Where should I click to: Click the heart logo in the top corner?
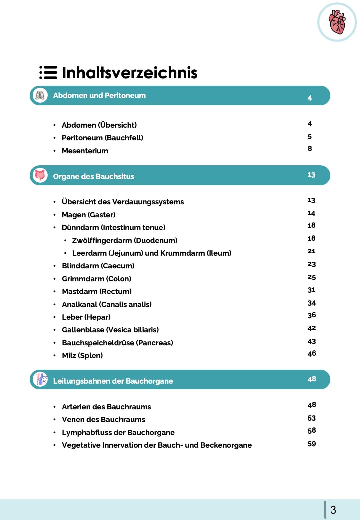(337, 22)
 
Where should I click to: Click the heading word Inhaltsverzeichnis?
(130, 73)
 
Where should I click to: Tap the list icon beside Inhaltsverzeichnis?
(48, 72)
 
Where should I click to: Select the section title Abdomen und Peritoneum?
(99, 96)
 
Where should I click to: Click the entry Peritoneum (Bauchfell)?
(102, 138)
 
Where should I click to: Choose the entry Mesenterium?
(85, 151)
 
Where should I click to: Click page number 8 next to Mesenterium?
(310, 148)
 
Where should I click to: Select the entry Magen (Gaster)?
(89, 215)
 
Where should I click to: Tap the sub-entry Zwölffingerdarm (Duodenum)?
(125, 240)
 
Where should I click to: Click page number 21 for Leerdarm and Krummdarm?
(311, 251)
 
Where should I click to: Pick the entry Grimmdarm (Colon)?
(97, 279)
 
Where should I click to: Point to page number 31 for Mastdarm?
(311, 290)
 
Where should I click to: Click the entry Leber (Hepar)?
(86, 317)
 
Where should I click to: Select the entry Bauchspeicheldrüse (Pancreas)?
(117, 343)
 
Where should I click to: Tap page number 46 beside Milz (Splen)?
(312, 353)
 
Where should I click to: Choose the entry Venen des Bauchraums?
(104, 419)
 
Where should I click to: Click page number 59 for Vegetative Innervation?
(312, 444)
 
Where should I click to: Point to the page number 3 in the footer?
(333, 510)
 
